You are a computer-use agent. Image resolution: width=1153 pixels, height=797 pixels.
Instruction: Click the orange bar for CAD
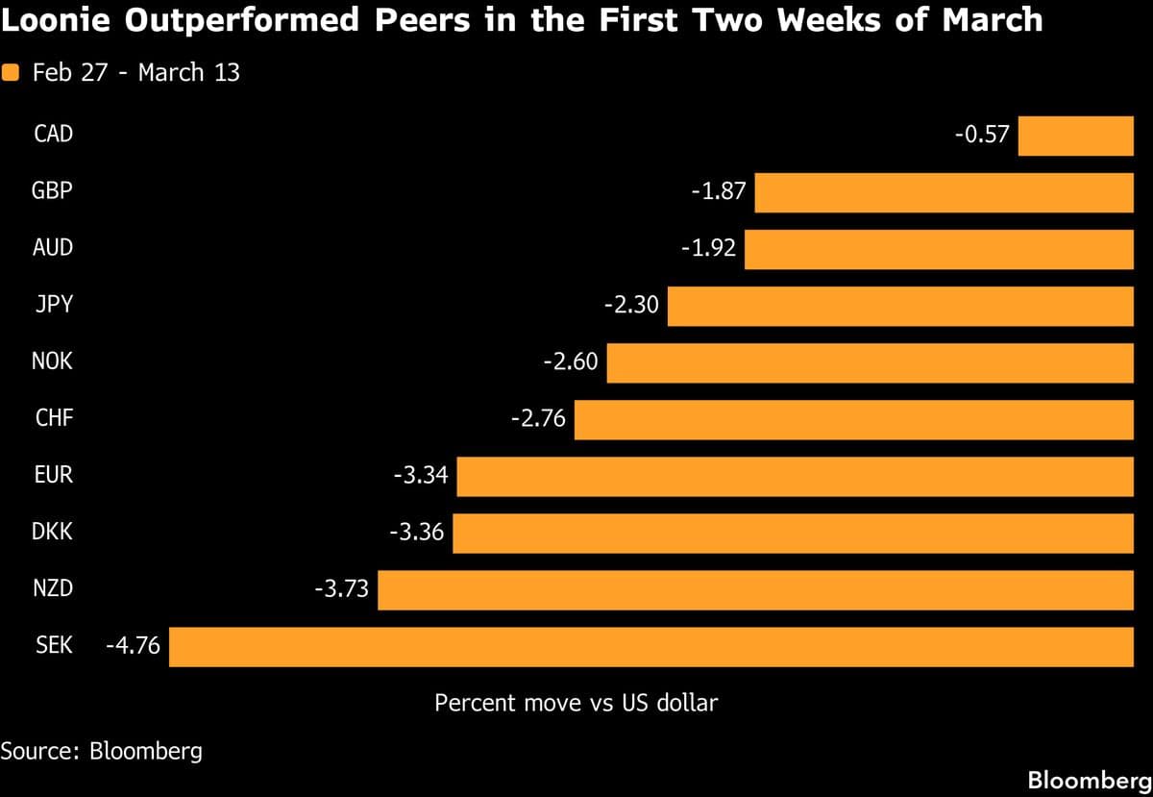tap(1076, 136)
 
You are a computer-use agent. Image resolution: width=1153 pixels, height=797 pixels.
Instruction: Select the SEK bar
tap(651, 647)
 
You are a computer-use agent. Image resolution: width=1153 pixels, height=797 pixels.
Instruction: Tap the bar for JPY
tap(900, 307)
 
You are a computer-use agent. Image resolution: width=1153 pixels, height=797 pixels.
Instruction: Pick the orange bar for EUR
tap(795, 477)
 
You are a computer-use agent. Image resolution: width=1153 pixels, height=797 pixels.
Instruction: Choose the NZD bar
tap(755, 590)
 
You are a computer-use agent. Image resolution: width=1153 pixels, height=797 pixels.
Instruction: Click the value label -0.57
tap(982, 135)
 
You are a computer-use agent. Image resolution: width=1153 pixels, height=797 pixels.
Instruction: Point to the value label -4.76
tap(133, 646)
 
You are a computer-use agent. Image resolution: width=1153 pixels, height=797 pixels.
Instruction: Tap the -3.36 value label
tap(416, 533)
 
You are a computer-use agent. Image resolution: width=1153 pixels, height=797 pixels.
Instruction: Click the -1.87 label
tap(718, 191)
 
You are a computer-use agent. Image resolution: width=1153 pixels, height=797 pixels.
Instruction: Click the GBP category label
tap(52, 191)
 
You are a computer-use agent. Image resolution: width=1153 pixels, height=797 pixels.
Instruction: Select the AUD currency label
tap(52, 248)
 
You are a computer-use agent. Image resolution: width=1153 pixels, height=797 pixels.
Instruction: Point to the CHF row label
tap(53, 419)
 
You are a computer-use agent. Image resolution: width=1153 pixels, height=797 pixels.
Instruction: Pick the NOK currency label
tap(52, 362)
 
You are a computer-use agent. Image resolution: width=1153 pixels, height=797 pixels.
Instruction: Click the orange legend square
tap(12, 73)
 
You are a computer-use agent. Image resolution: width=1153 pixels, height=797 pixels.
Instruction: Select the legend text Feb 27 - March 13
tap(135, 73)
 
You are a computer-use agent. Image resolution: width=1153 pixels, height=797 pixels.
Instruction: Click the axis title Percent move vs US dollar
tap(576, 703)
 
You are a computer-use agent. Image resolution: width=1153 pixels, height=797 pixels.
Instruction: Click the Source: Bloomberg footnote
tap(101, 751)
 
